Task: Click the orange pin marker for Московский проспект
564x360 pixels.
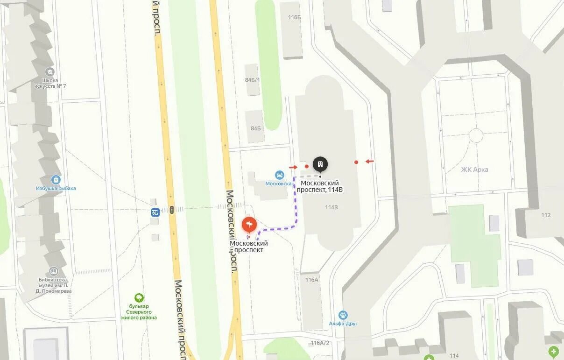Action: [x=249, y=226]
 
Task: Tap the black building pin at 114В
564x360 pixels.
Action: [x=320, y=164]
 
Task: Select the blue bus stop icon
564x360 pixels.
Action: [x=155, y=212]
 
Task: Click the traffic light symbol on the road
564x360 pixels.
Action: [x=172, y=210]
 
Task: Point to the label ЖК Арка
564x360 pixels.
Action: [x=474, y=169]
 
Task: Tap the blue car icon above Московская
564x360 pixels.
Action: [x=279, y=175]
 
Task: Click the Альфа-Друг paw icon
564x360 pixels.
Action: [x=343, y=315]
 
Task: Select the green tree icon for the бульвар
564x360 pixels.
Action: [x=139, y=297]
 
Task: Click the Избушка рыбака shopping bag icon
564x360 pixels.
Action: [x=56, y=180]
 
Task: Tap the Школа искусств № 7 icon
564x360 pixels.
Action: [x=50, y=72]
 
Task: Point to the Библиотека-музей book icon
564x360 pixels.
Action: [x=54, y=271]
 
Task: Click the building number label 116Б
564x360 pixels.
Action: [x=295, y=17]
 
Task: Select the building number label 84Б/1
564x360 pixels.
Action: [x=252, y=79]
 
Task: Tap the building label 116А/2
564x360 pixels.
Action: [x=320, y=343]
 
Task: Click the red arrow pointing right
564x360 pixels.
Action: [x=293, y=167]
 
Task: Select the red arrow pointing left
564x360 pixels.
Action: [x=369, y=162]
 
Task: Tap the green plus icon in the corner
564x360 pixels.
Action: [x=554, y=351]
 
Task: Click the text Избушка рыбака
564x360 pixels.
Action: [x=56, y=189]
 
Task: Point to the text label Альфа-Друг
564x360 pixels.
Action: [x=343, y=324]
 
